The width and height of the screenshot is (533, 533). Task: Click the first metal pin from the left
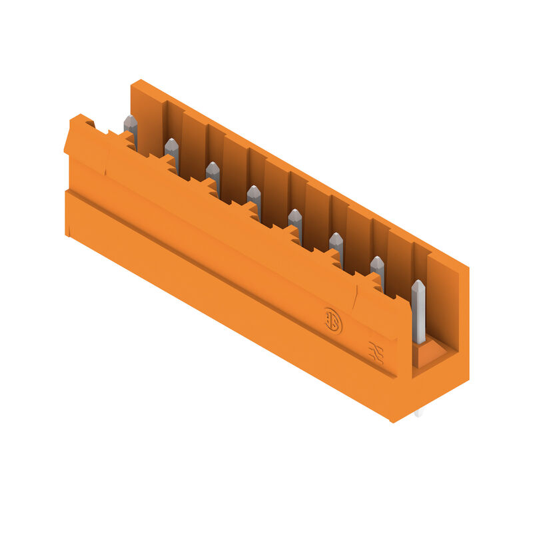pyautogui.click(x=131, y=127)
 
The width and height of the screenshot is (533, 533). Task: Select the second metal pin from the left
pyautogui.click(x=172, y=151)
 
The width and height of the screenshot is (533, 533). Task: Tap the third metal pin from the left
pyautogui.click(x=213, y=175)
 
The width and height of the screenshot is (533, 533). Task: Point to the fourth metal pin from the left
pyautogui.click(x=254, y=199)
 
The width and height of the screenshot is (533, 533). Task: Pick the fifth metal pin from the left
pyautogui.click(x=294, y=222)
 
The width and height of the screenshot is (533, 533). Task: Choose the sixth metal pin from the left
pyautogui.click(x=336, y=246)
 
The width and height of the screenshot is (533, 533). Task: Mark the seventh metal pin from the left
pyautogui.click(x=377, y=269)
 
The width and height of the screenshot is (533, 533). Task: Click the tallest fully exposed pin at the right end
pyautogui.click(x=418, y=313)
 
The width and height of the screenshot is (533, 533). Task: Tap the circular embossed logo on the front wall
pyautogui.click(x=332, y=320)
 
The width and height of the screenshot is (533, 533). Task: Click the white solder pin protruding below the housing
pyautogui.click(x=418, y=414)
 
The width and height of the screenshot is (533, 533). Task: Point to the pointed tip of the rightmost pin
pyautogui.click(x=418, y=284)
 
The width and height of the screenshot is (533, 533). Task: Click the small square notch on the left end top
pyautogui.click(x=90, y=123)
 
